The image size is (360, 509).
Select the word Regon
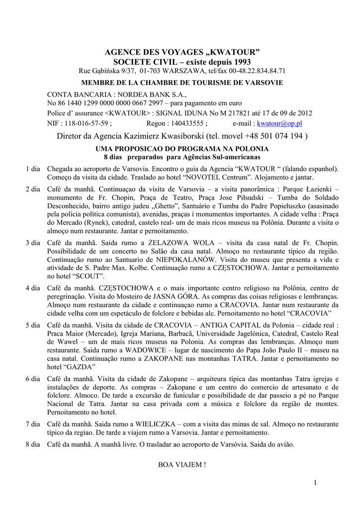pos(157,123)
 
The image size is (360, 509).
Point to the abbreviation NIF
pos(53,123)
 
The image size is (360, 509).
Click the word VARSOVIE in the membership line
pos(262,83)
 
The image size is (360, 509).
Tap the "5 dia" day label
pos(33,325)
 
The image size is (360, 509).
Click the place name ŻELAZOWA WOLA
pos(183,244)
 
